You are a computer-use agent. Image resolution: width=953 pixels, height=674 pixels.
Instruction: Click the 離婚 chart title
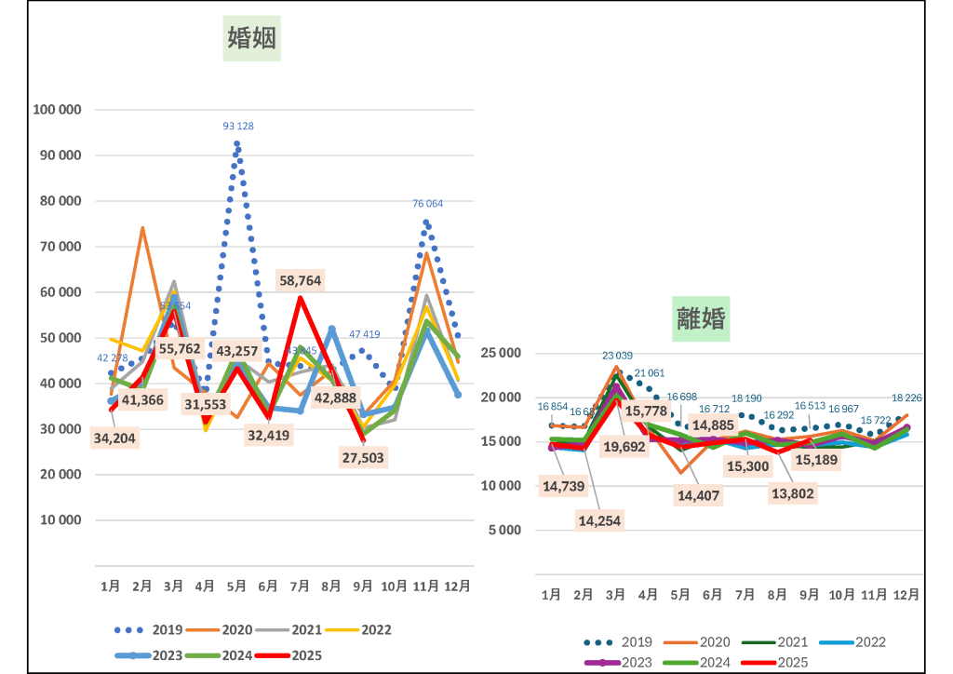702,318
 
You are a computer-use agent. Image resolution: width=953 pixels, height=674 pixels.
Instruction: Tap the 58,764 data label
301,280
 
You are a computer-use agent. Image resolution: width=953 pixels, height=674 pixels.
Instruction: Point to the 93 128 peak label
238,126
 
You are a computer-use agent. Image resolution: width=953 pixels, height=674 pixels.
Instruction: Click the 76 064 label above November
428,203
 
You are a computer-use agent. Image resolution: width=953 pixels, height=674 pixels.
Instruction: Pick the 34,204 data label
115,438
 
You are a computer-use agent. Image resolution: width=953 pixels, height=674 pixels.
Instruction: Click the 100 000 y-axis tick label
58,110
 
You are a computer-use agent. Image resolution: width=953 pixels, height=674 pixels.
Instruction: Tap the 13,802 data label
793,494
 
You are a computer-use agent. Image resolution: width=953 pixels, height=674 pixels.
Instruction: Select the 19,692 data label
624,447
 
